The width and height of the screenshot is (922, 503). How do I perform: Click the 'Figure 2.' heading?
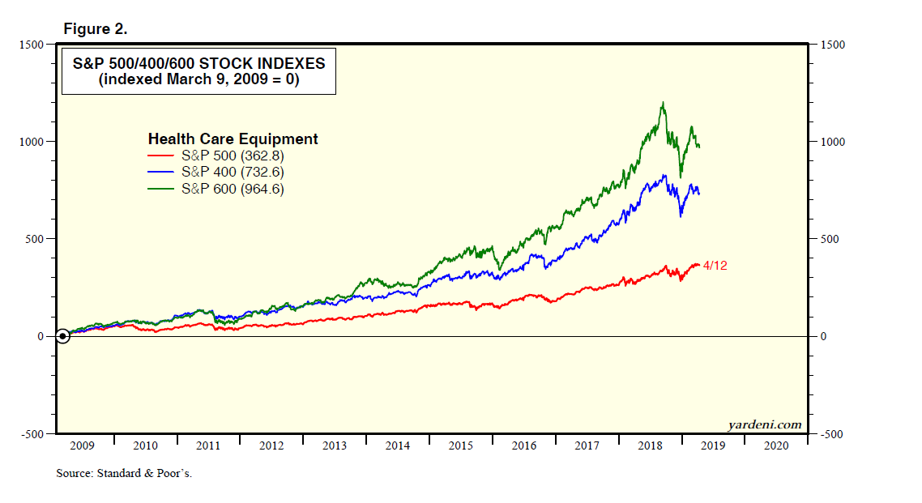pyautogui.click(x=96, y=29)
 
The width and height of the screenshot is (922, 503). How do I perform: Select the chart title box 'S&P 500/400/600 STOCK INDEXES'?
pyautogui.click(x=198, y=71)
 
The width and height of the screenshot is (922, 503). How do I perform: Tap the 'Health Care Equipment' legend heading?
pyautogui.click(x=233, y=139)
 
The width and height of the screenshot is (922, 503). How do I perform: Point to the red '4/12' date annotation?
pyautogui.click(x=715, y=266)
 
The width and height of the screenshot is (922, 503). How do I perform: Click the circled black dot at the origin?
pyautogui.click(x=62, y=336)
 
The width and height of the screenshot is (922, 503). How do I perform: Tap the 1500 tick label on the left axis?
pyautogui.click(x=32, y=45)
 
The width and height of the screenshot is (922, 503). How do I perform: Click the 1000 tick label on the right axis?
pyautogui.click(x=832, y=142)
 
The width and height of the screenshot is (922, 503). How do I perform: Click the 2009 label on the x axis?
pyautogui.click(x=83, y=446)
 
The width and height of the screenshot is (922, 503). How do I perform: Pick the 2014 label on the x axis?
pyautogui.click(x=398, y=446)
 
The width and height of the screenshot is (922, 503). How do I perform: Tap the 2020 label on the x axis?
pyautogui.click(x=775, y=446)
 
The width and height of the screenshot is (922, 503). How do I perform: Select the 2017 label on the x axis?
pyautogui.click(x=587, y=446)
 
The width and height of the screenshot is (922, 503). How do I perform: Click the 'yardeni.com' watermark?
pyautogui.click(x=765, y=424)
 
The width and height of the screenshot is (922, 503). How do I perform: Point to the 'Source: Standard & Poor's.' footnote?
pyautogui.click(x=124, y=474)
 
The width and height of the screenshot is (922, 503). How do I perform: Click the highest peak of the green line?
pyautogui.click(x=664, y=103)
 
